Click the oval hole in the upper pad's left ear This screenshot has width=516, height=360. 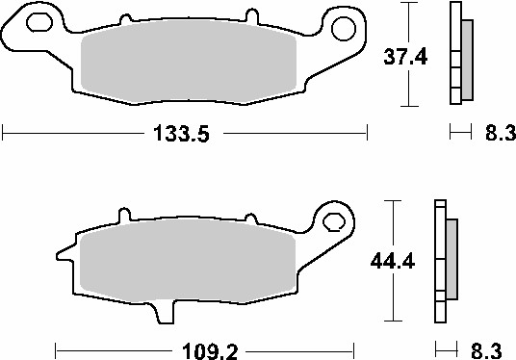pyautogui.click(x=40, y=22)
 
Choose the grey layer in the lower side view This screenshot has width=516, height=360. pyautogui.click(x=452, y=260)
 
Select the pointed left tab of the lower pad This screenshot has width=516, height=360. pyautogui.click(x=63, y=254)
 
